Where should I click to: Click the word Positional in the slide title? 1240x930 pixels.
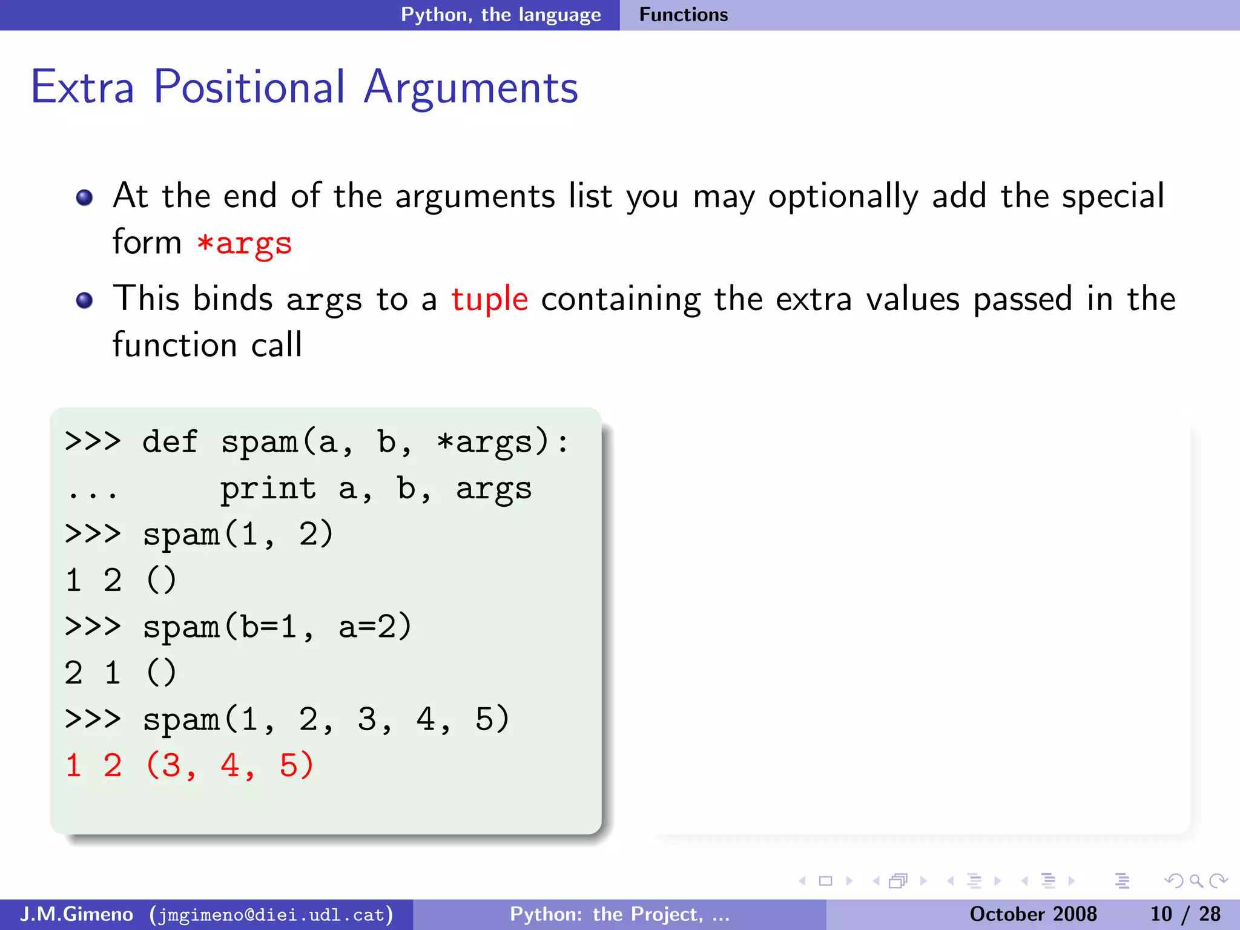point(249,88)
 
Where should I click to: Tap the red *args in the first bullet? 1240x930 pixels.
point(244,243)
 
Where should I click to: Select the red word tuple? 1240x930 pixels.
point(489,299)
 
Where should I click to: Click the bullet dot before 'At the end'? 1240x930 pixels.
point(85,197)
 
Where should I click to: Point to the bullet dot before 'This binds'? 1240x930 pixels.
point(85,300)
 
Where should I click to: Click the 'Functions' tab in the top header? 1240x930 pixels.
point(683,15)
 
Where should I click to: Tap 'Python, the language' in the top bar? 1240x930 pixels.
point(501,15)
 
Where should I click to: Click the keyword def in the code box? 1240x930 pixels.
point(170,441)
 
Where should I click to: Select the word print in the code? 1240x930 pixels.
point(268,488)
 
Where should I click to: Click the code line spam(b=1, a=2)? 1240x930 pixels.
point(277,627)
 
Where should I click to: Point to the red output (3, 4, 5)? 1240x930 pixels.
point(229,765)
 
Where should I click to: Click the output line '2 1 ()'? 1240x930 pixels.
point(120,673)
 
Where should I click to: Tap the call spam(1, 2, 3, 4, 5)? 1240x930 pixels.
point(326,719)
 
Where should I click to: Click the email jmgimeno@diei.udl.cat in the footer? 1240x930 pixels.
point(271,914)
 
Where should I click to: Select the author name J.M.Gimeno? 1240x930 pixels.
point(76,914)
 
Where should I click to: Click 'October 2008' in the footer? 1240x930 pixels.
point(1033,914)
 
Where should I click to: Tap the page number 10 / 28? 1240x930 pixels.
point(1185,914)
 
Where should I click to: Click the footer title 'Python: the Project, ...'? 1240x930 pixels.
point(619,914)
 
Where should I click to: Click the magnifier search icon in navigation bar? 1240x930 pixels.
point(1196,881)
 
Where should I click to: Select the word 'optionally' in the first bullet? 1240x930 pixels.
point(843,197)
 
